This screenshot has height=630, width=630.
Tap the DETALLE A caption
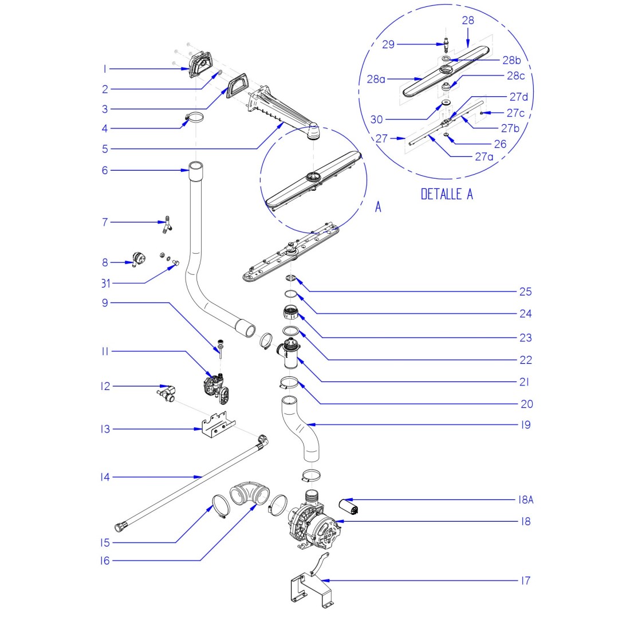click(x=447, y=194)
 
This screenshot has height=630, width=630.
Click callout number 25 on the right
click(x=525, y=292)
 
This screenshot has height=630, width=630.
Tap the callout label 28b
click(x=511, y=60)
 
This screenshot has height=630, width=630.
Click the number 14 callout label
click(x=104, y=477)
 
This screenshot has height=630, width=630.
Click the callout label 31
click(x=104, y=283)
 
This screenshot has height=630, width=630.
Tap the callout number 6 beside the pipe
click(x=104, y=170)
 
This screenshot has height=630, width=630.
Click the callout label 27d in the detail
click(x=518, y=97)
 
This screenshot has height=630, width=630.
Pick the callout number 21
click(x=525, y=382)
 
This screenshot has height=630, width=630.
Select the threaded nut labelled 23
click(x=290, y=313)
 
